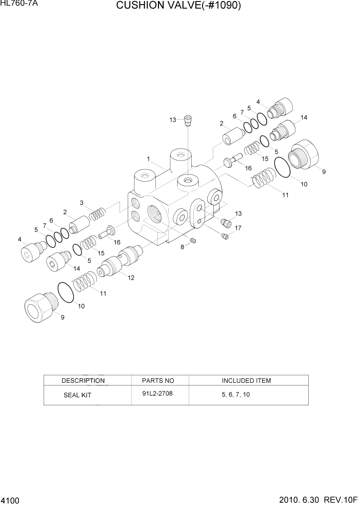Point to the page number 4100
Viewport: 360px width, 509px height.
coord(11,499)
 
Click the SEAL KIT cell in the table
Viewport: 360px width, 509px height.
coord(77,396)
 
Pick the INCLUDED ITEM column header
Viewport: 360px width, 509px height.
coord(246,381)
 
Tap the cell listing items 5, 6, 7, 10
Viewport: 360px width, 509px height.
coord(236,395)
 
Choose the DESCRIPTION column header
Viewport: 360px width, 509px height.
coord(83,381)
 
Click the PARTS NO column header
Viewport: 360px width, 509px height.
coord(158,381)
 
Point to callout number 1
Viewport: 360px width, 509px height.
coord(148,159)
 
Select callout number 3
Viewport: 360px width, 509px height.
coord(81,203)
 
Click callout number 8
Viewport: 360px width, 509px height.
coord(182,248)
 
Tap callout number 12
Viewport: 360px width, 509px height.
coord(131,278)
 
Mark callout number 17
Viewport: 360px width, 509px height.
coord(238,228)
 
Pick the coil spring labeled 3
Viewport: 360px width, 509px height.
coord(97,213)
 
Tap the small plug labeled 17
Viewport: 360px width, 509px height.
coord(225,236)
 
